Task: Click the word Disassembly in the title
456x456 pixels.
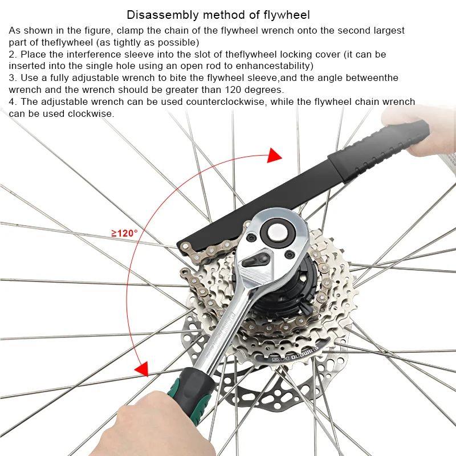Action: coord(156,14)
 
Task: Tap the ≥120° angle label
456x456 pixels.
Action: coord(124,233)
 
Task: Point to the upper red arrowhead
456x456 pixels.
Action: coord(274,155)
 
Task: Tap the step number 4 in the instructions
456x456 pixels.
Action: coord(11,102)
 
